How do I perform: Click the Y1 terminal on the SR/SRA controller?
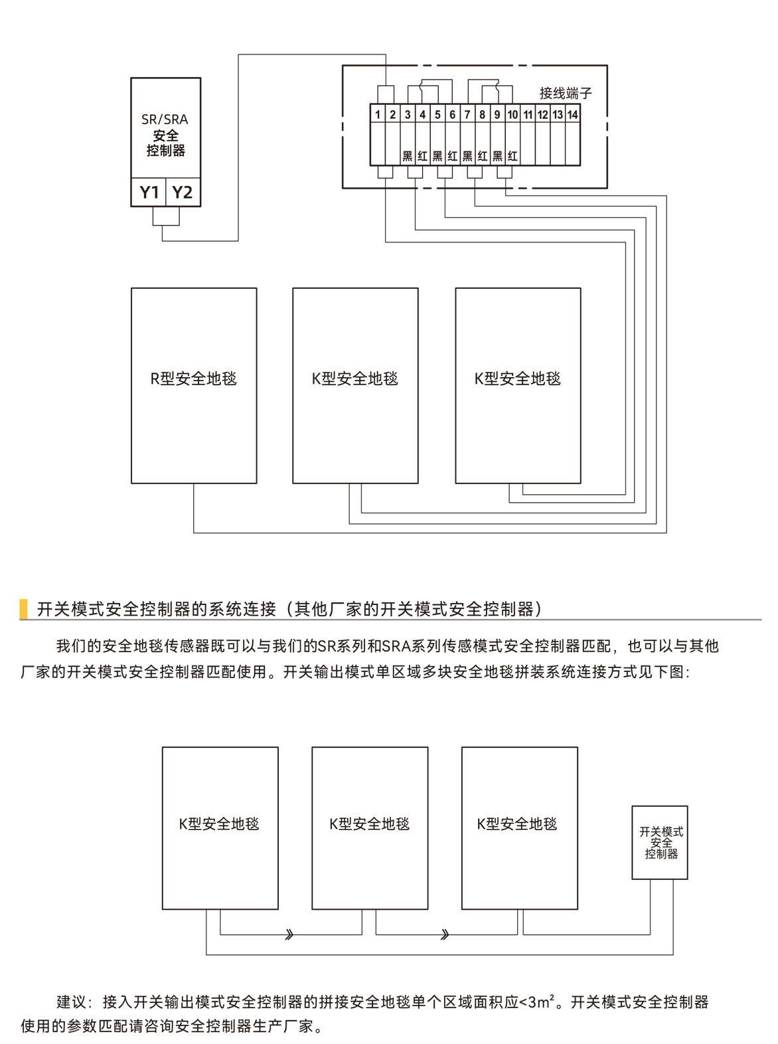[x=149, y=193]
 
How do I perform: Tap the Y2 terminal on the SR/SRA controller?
[x=182, y=193]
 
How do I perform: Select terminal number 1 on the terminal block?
[x=378, y=114]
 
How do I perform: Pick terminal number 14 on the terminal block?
[x=572, y=114]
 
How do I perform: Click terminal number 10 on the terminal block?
[x=512, y=114]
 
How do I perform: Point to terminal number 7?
[x=467, y=114]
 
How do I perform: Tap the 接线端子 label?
[x=565, y=94]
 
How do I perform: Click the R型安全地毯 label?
[x=193, y=379]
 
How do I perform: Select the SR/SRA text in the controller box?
[x=165, y=120]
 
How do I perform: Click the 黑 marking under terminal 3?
[x=408, y=157]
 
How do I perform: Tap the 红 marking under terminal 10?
[x=512, y=157]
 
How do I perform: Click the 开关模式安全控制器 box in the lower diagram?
[x=660, y=843]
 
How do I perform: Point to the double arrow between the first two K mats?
[x=289, y=935]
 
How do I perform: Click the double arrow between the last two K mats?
[x=445, y=935]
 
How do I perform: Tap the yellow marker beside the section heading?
[x=24, y=608]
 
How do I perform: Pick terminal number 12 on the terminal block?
[x=542, y=114]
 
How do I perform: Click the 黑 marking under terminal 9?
[x=497, y=157]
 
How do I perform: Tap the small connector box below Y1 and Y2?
[x=166, y=217]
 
